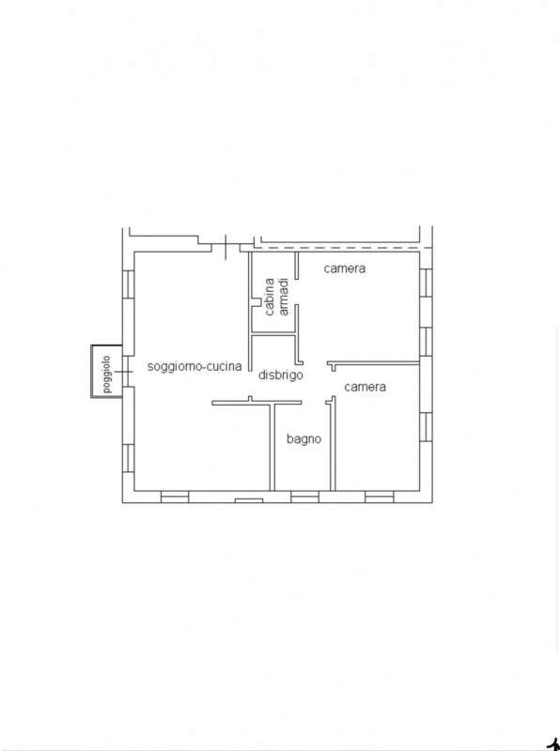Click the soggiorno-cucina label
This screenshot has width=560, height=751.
click(194, 367)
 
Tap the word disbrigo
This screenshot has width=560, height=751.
click(281, 375)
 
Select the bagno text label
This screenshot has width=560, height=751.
click(304, 438)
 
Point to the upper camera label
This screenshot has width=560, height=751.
click(344, 268)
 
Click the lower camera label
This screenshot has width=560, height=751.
click(365, 387)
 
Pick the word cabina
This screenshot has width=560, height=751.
click(270, 297)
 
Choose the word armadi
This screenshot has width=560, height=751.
click(284, 297)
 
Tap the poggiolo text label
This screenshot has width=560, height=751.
click(106, 374)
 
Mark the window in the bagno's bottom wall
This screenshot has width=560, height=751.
click(305, 497)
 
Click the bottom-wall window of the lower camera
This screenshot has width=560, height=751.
click(380, 497)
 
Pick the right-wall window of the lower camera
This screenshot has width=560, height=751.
click(426, 427)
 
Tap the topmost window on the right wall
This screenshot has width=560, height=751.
click(426, 284)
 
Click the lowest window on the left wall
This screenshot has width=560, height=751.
click(128, 458)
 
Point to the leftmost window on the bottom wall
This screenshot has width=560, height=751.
click(175, 497)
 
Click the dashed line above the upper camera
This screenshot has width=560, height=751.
click(342, 248)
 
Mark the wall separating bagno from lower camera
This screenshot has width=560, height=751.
click(333, 443)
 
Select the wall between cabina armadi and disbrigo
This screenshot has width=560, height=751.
click(273, 334)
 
